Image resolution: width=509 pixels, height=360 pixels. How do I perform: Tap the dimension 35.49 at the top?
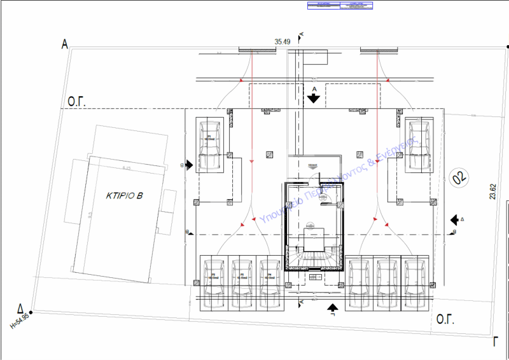point(282,42)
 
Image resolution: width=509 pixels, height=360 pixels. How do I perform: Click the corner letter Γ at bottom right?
point(495,341)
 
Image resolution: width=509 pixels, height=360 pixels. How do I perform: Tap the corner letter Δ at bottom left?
point(20,307)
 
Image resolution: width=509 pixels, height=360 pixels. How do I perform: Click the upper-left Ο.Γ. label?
point(78,101)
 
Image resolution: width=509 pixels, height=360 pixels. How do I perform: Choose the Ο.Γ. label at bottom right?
point(444,318)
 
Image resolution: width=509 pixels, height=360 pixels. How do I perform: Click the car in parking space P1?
point(209,144)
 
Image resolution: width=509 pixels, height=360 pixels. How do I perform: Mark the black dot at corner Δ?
point(31,312)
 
